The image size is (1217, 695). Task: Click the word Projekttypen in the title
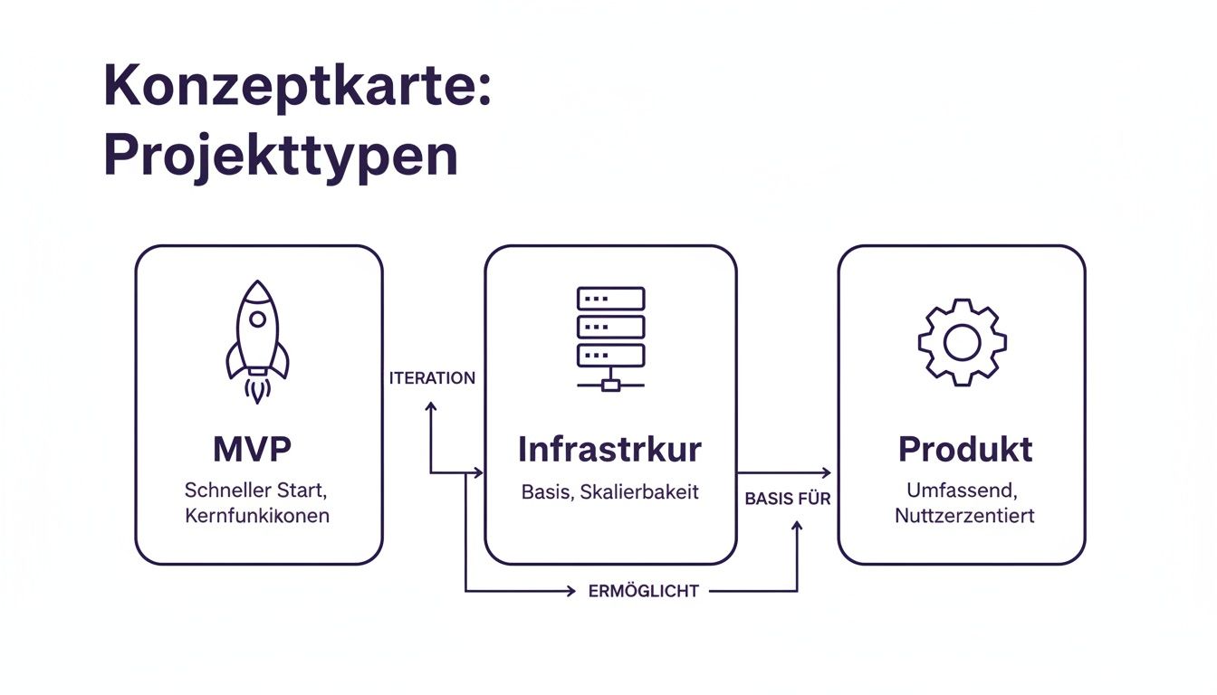coord(281,156)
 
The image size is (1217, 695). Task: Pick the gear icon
coord(962,342)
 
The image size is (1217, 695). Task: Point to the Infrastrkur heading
coord(609,449)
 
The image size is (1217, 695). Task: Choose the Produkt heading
coord(965,449)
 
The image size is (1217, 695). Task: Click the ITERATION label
coord(432,378)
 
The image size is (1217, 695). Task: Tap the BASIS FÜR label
coord(788,499)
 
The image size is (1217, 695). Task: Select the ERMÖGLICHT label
coord(643,591)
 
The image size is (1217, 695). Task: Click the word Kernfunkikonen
coord(257,517)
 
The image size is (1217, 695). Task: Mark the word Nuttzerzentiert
coord(964,516)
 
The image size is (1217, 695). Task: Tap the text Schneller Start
coord(258,491)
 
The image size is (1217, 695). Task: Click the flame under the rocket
coord(258,390)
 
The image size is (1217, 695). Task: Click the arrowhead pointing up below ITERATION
coord(430,407)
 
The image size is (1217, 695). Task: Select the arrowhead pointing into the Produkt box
coord(825,472)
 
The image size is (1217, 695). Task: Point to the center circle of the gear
coord(962,342)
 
